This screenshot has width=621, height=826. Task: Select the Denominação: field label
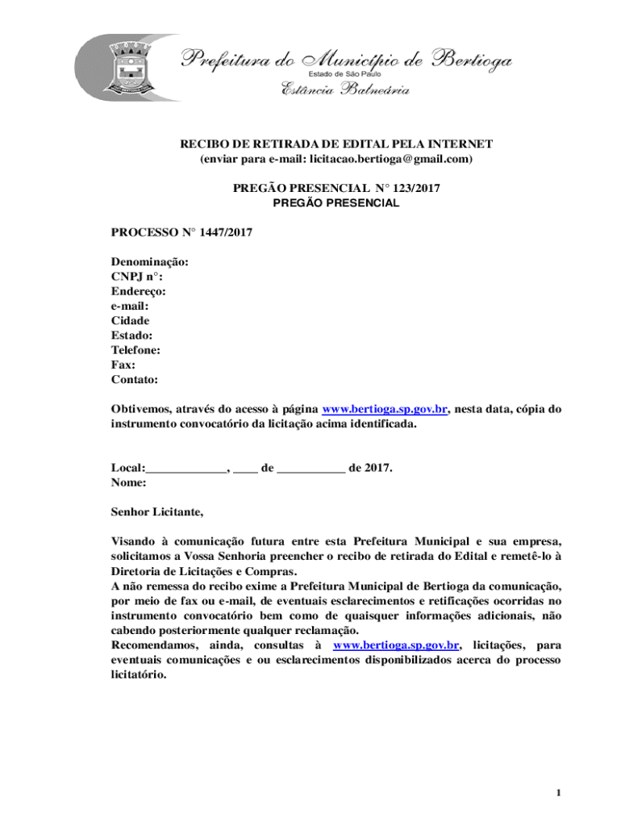[150, 262]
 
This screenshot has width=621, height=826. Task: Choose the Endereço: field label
[139, 291]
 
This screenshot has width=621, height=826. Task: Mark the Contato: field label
[134, 379]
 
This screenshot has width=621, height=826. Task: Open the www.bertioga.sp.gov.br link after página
[385, 409]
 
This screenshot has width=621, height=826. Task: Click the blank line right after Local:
[186, 468]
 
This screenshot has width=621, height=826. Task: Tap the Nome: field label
[128, 482]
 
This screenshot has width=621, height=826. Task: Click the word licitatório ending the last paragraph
[138, 675]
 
